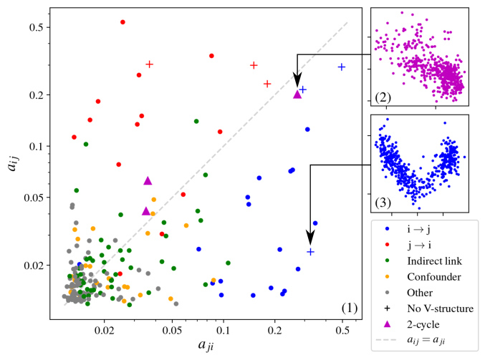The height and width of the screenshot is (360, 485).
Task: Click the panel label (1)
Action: [x=349, y=308]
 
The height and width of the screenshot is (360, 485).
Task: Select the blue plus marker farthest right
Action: [x=342, y=67]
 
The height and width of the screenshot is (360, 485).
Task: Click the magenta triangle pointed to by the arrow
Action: [x=297, y=94]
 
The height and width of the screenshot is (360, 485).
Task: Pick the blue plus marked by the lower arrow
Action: [x=310, y=252]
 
